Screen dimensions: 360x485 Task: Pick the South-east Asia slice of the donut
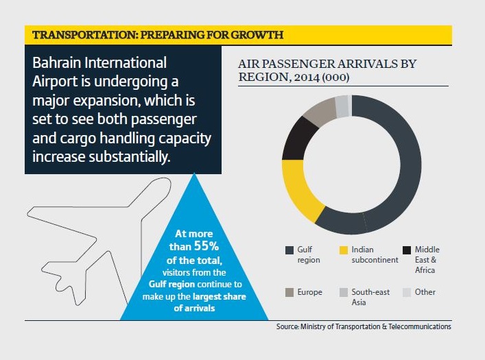tap(341, 105)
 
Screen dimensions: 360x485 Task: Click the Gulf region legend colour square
tap(289, 250)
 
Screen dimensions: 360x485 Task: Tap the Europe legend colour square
tap(289, 293)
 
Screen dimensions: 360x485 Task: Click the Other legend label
tap(425, 292)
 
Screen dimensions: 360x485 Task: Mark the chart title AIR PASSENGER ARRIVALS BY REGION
tap(327, 70)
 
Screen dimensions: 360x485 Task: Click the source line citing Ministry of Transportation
tap(364, 327)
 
